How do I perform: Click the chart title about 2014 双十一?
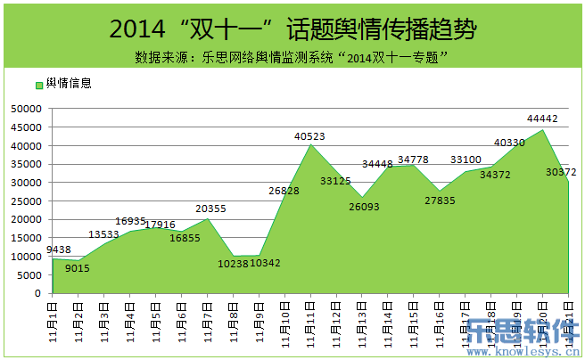292,29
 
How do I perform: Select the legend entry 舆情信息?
62,83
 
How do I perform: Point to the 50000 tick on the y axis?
27,109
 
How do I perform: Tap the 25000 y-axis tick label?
27,200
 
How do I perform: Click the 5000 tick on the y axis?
29,274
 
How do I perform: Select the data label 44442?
542,119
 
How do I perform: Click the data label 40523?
309,136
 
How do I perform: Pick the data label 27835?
440,200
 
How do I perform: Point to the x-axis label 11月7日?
207,323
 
